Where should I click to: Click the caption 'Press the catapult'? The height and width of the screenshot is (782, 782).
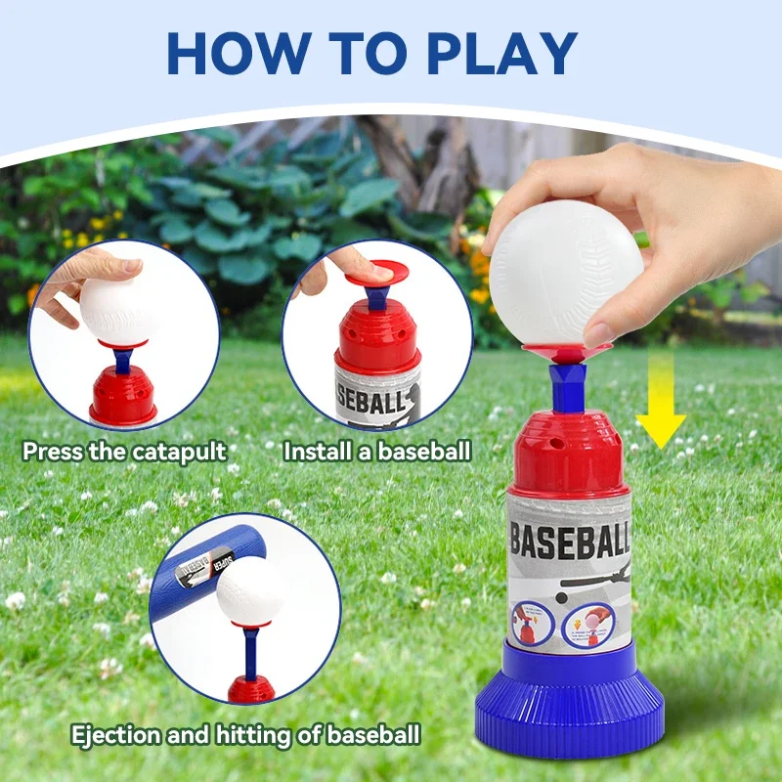124,452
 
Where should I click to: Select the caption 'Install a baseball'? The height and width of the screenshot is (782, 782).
377,452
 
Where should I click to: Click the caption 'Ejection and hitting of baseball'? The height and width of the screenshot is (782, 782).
245,734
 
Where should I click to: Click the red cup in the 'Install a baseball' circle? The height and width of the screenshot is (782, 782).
378,332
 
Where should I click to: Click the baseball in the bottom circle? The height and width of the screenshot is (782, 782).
250,592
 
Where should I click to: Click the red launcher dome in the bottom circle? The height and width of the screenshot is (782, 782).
251,688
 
